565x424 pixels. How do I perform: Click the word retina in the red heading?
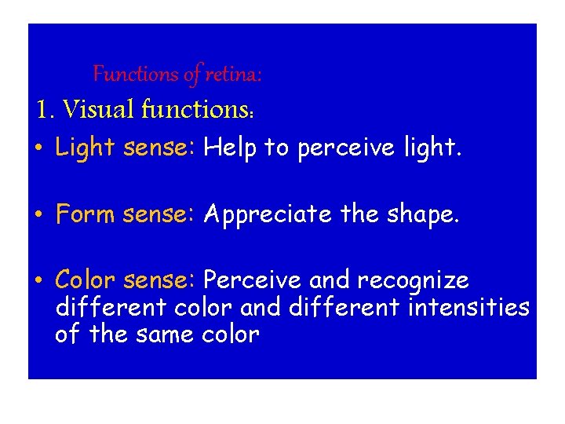point(233,75)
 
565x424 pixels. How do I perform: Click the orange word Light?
point(86,148)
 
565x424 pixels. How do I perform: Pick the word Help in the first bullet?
point(230,148)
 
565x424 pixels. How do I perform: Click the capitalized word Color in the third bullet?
point(86,280)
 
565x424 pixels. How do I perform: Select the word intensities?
point(469,306)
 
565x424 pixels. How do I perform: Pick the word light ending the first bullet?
point(428,148)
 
